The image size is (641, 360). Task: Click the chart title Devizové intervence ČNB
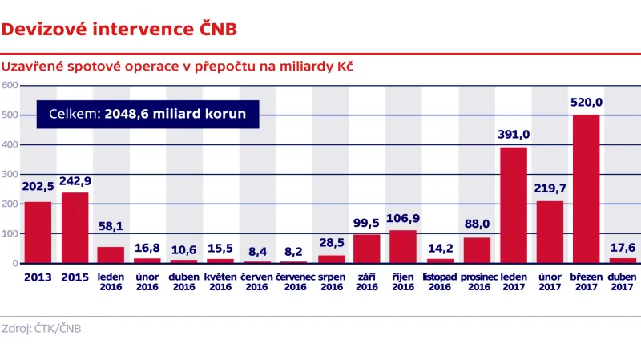119,30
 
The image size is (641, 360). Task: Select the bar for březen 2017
587,189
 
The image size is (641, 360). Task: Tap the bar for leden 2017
514,205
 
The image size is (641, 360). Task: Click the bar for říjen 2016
404,247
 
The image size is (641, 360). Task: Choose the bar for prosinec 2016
477,250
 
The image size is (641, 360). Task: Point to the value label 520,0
587,103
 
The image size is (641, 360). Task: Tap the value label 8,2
294,250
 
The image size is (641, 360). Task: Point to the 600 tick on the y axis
10,85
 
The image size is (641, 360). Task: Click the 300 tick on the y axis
10,174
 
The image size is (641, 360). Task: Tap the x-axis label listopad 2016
440,281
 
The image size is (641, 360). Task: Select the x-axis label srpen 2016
330,281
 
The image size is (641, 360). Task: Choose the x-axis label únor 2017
550,281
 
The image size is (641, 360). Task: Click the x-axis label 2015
75,277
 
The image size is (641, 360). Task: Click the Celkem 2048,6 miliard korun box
147,115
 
